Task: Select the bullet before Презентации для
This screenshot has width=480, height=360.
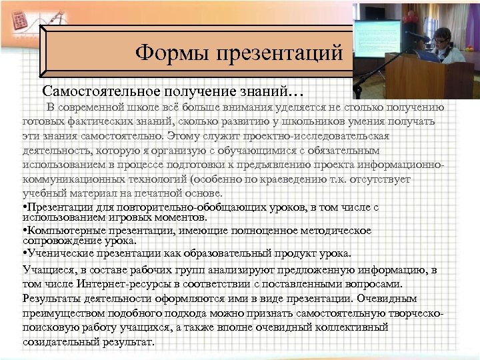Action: point(25,208)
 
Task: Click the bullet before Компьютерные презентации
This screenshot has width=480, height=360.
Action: point(25,231)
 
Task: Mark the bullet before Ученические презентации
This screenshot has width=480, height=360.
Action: point(25,253)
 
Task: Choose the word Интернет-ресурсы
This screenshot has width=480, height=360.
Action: point(116,283)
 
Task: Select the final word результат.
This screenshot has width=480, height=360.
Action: point(127,342)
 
